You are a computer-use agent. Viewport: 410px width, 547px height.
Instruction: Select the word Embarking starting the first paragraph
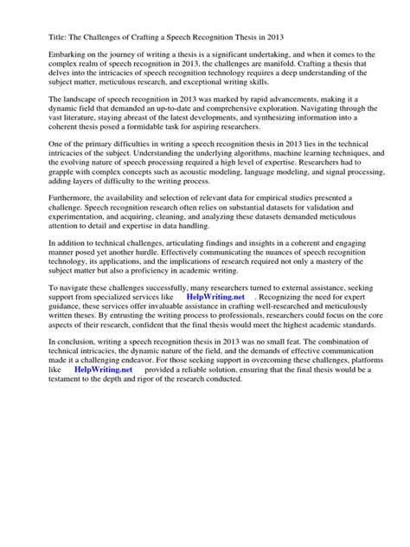point(57,55)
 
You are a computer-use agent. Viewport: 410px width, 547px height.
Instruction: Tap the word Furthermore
point(61,230)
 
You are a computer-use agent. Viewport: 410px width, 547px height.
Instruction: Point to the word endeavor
point(130,456)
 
